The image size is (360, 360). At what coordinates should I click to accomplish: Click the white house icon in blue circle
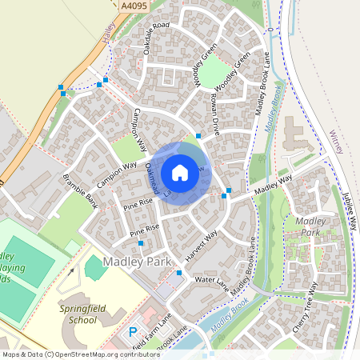[180, 173]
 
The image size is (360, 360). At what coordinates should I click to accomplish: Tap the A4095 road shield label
[135, 6]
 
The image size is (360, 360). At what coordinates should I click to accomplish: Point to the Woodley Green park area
[214, 74]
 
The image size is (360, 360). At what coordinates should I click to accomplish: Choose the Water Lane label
[212, 281]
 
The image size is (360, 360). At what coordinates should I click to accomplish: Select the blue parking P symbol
[133, 330]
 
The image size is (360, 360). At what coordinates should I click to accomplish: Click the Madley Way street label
[271, 189]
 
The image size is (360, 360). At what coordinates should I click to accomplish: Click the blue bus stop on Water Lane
[179, 273]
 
